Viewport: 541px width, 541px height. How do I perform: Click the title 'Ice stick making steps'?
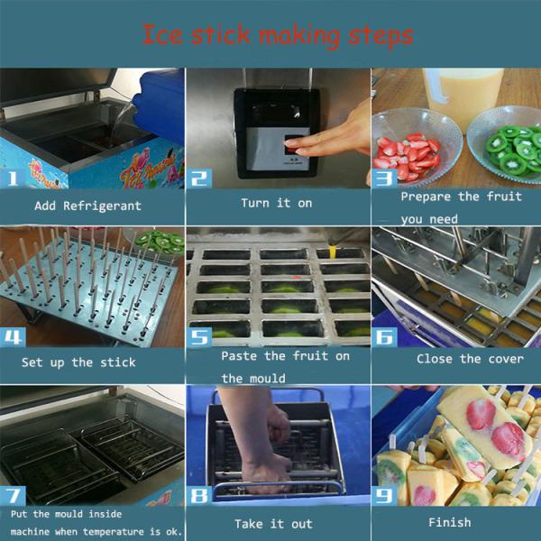pyautogui.click(x=277, y=35)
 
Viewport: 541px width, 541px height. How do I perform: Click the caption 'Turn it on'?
pyautogui.click(x=276, y=203)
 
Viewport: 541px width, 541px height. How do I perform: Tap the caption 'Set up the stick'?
pyautogui.click(x=78, y=362)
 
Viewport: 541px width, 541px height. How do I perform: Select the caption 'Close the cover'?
pyautogui.click(x=470, y=359)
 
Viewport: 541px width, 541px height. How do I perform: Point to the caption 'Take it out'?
pyautogui.click(x=273, y=524)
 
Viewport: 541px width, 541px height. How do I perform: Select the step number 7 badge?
pyautogui.click(x=15, y=494)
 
